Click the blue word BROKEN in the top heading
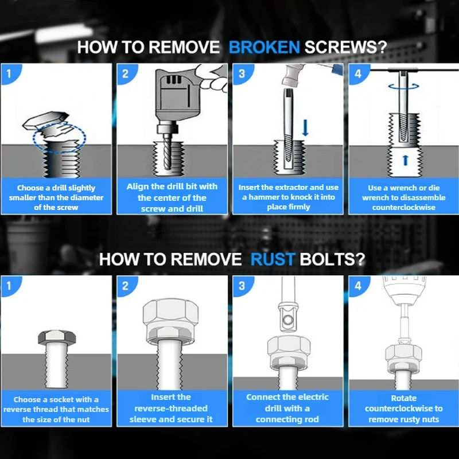tap(264, 47)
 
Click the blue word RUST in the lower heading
tap(273, 259)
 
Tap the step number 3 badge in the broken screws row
tap(242, 73)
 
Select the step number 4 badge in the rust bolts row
tap(357, 285)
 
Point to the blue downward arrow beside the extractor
tap(305, 127)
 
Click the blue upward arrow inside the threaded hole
tap(406, 160)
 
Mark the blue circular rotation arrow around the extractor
tap(404, 85)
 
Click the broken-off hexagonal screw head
tap(46, 120)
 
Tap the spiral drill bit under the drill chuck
tap(166, 151)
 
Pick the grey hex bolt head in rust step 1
tap(57, 337)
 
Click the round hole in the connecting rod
tap(288, 319)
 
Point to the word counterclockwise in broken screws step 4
tap(404, 208)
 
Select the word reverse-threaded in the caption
tap(171, 409)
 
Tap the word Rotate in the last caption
tap(404, 398)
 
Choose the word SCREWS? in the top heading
tap(346, 47)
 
